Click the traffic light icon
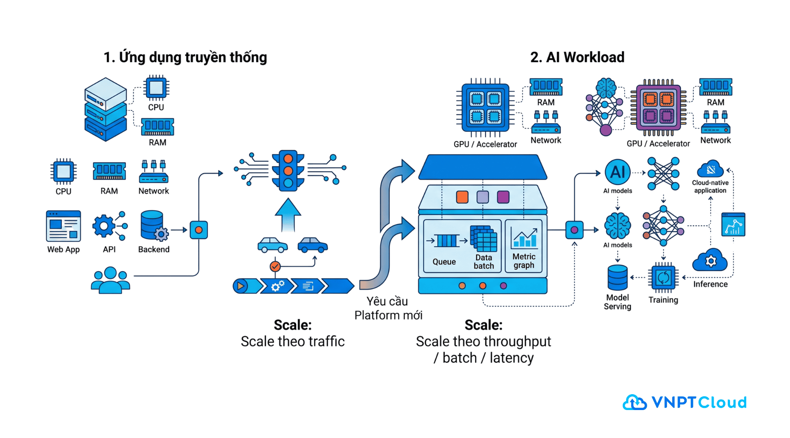tap(288, 170)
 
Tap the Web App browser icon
tap(63, 226)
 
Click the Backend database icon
tap(153, 225)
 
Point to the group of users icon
tap(110, 280)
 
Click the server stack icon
tap(105, 109)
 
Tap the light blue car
tap(272, 245)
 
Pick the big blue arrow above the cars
tap(288, 215)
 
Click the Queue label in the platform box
tap(444, 262)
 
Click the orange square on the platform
tap(462, 197)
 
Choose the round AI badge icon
tap(617, 172)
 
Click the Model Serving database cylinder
tap(617, 277)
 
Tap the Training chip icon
tap(663, 277)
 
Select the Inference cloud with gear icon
tap(710, 260)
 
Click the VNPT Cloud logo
tap(685, 402)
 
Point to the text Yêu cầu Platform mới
tap(388, 308)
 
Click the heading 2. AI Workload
tap(577, 57)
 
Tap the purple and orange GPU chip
tap(658, 108)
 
